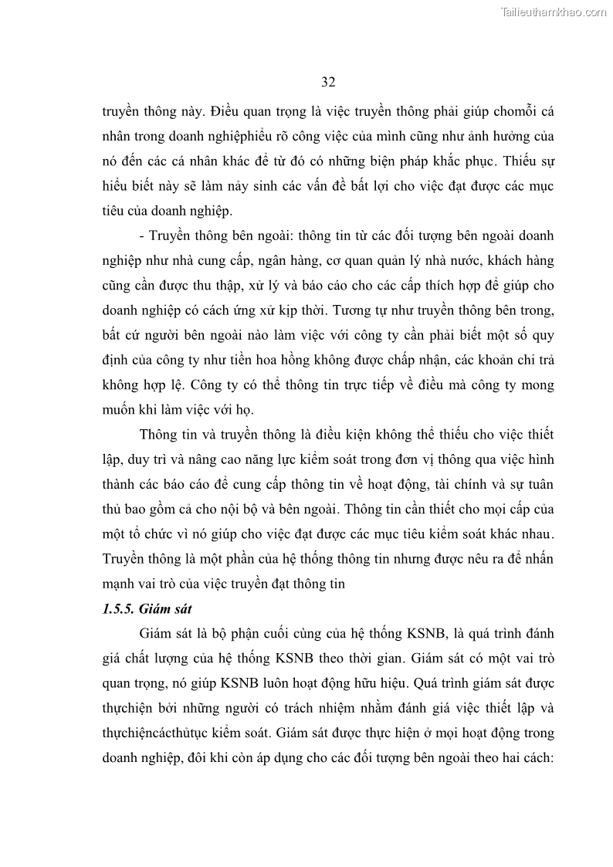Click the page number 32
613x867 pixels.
pyautogui.click(x=327, y=82)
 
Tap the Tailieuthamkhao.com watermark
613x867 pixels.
pyautogui.click(x=554, y=12)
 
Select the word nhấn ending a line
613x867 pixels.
pyautogui.click(x=536, y=560)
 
